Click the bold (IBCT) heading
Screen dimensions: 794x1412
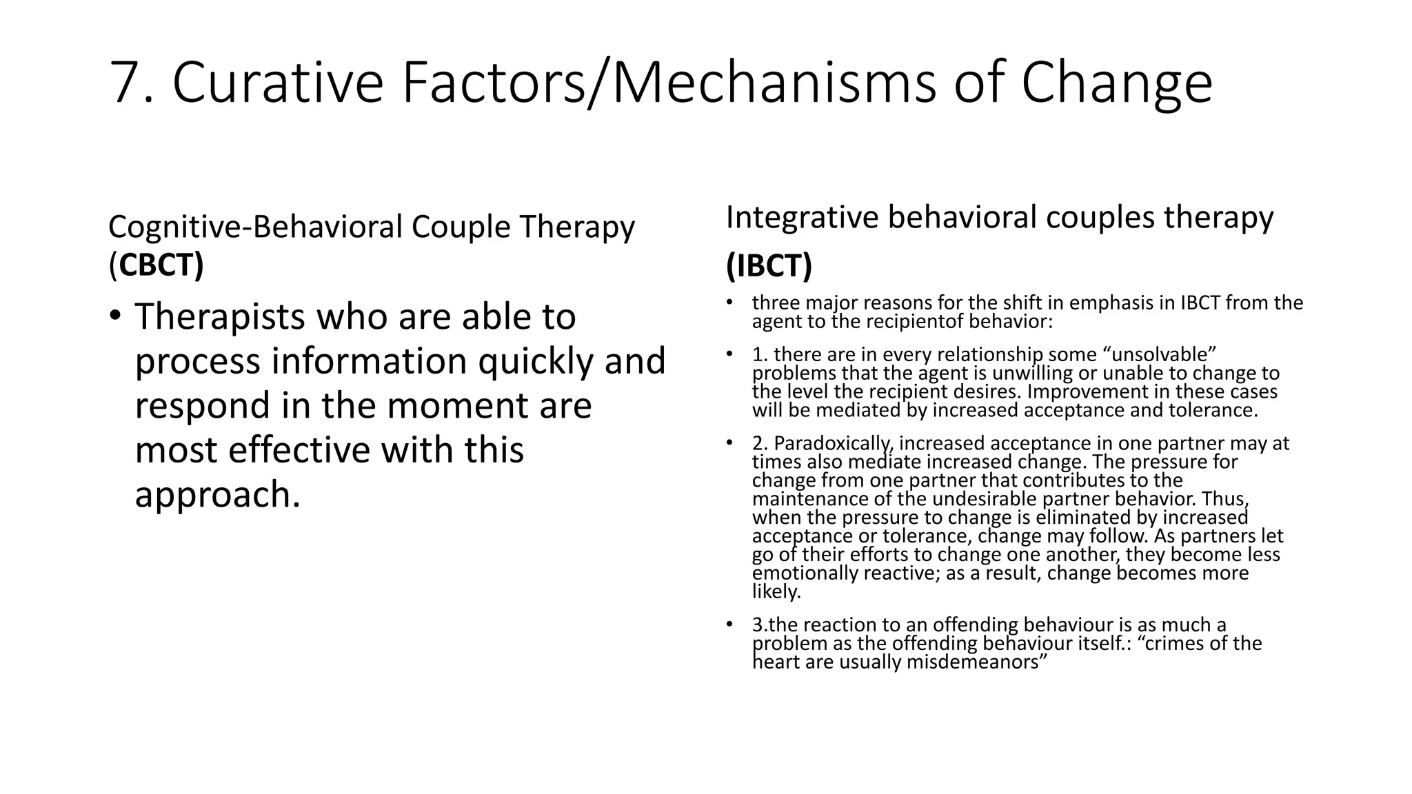(x=769, y=265)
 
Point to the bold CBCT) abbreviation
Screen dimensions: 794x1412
(x=161, y=265)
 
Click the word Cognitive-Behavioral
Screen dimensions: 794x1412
(x=254, y=227)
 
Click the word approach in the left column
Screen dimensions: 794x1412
(x=217, y=494)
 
